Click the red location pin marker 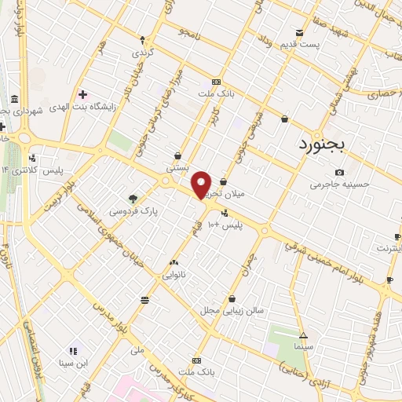click(202, 184)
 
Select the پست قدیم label click(301, 44)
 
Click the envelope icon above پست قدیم click(299, 32)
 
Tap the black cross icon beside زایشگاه click(82, 94)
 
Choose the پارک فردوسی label click(130, 211)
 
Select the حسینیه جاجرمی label click(338, 185)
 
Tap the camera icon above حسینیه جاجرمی click(339, 172)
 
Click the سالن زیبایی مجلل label click(234, 310)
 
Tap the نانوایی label click(174, 275)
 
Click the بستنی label click(178, 167)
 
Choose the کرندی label click(141, 52)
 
